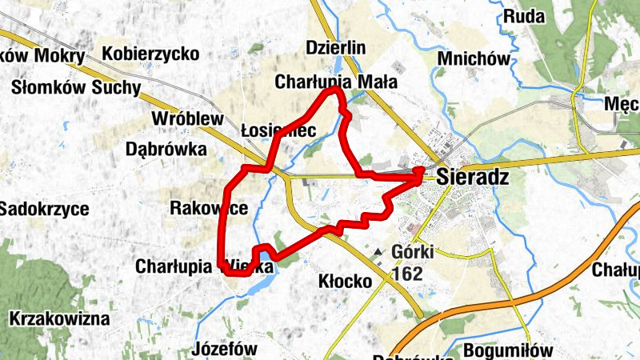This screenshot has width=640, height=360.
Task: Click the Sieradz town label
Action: click(474, 178)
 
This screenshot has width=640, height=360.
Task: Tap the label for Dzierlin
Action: click(336, 48)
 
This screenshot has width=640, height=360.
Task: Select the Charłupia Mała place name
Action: click(335, 82)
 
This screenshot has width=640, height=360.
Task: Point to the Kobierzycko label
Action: click(150, 54)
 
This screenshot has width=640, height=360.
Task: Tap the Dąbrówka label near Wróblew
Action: click(166, 149)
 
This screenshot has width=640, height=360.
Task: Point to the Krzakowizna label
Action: click(59, 319)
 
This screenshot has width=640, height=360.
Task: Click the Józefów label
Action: click(225, 349)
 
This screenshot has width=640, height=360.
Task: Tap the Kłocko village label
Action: click(346, 282)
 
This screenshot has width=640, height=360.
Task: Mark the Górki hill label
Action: click(413, 252)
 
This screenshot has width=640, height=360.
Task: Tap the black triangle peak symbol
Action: click(378, 254)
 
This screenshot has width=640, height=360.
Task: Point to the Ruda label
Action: click(525, 16)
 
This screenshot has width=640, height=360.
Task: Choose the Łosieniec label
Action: click(278, 130)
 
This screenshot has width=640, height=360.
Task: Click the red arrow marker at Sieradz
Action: click(419, 171)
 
